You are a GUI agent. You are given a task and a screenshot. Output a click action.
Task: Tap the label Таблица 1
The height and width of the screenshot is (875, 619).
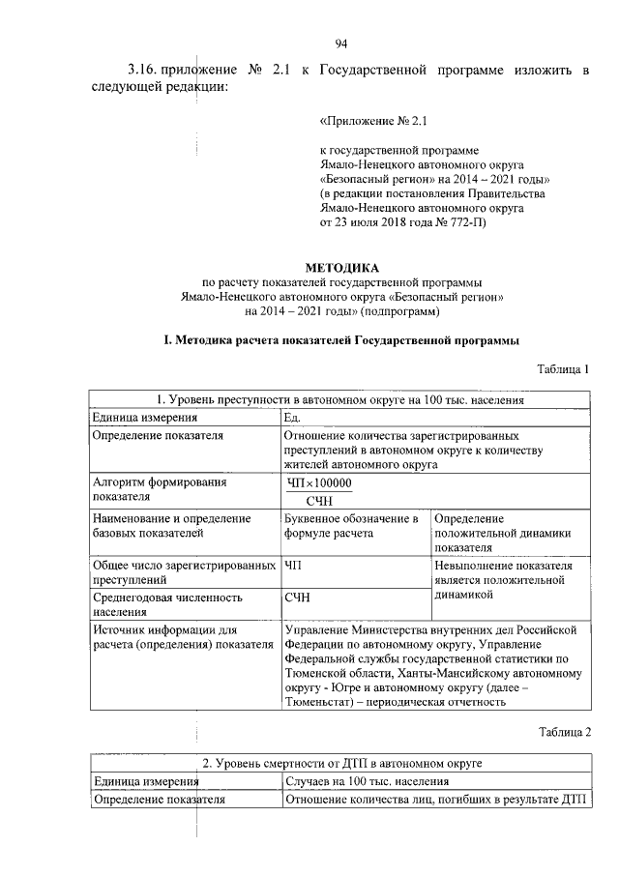tap(563, 368)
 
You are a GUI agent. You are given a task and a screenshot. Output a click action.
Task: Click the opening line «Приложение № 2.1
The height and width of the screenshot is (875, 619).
tap(372, 123)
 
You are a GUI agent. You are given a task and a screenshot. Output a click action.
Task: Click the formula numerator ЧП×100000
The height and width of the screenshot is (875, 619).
tap(319, 483)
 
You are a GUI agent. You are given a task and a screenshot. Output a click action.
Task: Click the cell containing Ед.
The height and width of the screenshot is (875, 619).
tap(293, 417)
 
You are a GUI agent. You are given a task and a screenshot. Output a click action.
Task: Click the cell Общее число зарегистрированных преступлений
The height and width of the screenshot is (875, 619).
tap(174, 572)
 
